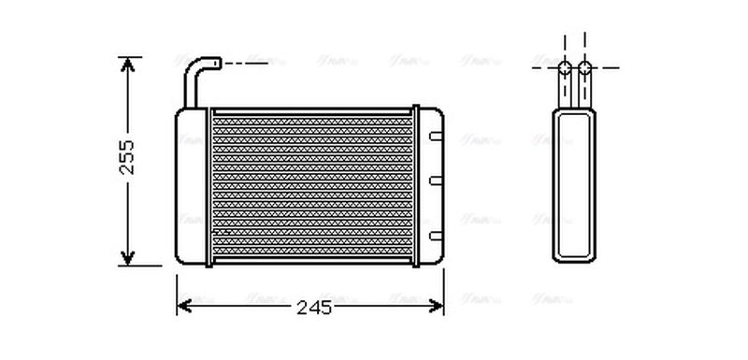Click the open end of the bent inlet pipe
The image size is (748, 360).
point(218,64)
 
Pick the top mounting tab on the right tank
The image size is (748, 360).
point(435,137)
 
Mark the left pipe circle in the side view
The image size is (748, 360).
point(566,67)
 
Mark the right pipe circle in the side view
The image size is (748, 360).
point(584,67)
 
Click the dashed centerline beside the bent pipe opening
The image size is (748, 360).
point(248,64)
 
